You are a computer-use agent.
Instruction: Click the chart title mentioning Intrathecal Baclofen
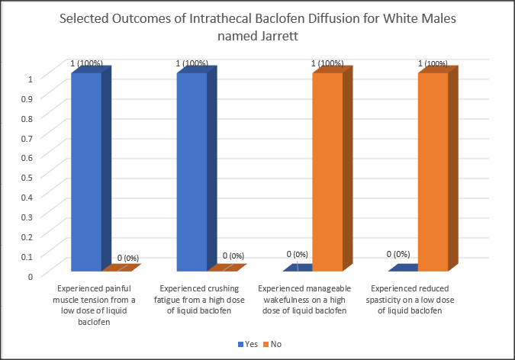[x=257, y=26]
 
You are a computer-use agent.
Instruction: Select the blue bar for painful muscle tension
[x=86, y=172]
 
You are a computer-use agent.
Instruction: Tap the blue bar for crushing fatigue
[x=192, y=172]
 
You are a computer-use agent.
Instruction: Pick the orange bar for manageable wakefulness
[x=327, y=172]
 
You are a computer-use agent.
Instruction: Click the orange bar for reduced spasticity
[x=433, y=172]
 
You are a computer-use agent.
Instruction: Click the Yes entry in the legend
[x=247, y=345]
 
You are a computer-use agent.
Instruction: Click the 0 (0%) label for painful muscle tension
[x=127, y=258]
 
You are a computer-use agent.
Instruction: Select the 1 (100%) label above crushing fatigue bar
[x=191, y=63]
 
